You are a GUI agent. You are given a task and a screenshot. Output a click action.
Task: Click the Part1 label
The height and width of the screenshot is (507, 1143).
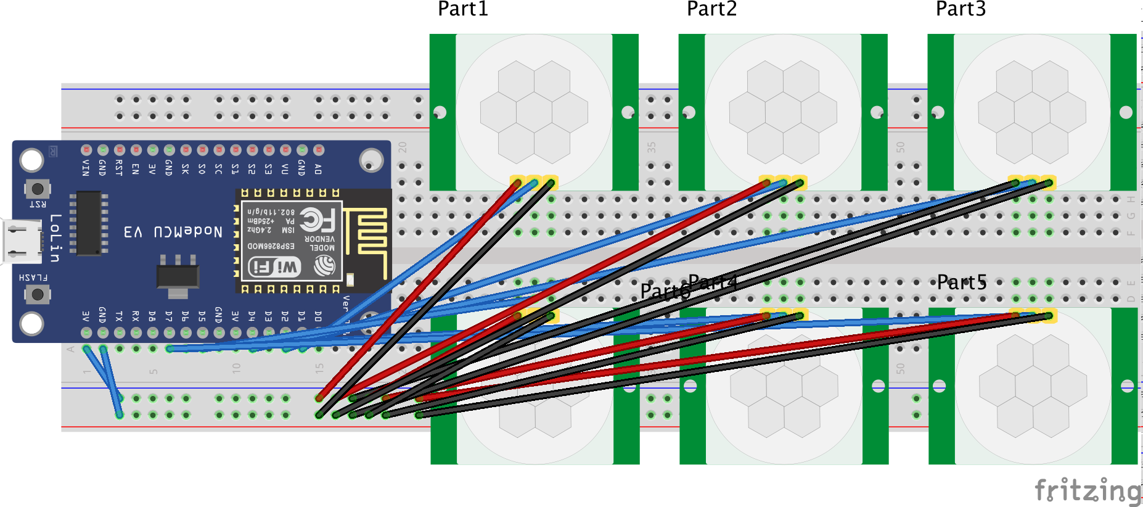(462, 9)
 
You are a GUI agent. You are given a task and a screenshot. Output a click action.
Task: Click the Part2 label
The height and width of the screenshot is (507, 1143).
(711, 9)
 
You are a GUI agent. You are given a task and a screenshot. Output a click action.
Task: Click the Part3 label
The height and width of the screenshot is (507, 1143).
(961, 9)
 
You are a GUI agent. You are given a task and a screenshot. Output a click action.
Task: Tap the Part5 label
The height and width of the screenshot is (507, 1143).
(961, 282)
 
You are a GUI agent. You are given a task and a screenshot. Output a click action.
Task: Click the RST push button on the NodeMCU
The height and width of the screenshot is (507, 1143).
(38, 188)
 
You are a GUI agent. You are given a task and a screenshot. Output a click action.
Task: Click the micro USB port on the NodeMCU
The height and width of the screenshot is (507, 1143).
(22, 241)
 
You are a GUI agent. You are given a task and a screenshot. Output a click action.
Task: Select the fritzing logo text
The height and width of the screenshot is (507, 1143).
(1088, 491)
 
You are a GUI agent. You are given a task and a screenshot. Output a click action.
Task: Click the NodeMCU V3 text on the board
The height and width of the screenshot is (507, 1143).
(173, 232)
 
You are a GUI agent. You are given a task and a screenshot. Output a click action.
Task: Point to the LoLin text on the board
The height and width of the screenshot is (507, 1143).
(55, 238)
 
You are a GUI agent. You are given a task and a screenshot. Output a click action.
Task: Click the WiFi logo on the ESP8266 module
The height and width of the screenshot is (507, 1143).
(274, 267)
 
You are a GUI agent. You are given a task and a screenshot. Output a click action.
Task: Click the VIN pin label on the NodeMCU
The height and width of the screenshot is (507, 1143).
(86, 167)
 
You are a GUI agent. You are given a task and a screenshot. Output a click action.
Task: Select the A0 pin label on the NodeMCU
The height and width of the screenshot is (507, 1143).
(318, 168)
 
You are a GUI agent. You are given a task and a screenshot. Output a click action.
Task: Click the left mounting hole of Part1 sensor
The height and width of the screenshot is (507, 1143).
(440, 112)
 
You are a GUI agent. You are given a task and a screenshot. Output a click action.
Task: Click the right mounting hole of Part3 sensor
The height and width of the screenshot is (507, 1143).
(1126, 112)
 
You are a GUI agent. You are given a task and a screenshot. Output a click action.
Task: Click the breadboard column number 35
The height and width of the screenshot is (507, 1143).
(651, 147)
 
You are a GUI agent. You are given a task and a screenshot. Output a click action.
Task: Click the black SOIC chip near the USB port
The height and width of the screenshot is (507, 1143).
(89, 223)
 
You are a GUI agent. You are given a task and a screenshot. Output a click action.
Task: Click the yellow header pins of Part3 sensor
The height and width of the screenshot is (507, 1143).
(1032, 182)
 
